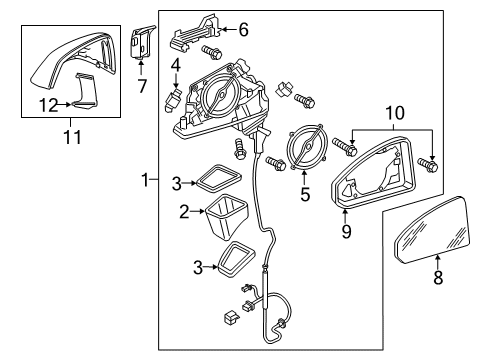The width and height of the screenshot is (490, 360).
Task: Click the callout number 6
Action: click(243, 30)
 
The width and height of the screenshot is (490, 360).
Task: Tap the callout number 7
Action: click(142, 86)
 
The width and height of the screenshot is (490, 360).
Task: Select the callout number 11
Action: click(72, 137)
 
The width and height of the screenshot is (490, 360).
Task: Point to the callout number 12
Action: click(49, 105)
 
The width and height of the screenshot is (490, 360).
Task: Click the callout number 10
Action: click(395, 113)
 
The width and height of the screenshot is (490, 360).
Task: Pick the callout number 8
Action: click(438, 277)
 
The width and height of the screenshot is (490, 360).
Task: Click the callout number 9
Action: click(346, 231)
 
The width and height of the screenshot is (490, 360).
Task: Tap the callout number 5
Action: click(305, 194)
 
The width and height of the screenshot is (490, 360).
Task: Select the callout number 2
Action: click(184, 212)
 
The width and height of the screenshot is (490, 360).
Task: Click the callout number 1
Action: click(145, 180)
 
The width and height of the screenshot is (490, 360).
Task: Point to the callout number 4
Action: click(176, 65)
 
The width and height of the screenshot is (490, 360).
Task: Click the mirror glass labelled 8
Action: click(433, 230)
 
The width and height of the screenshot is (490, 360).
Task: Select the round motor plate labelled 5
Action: click(307, 146)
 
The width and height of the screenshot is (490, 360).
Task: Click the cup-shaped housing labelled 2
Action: click(227, 217)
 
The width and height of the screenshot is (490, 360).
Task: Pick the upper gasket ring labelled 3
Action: click(219, 179)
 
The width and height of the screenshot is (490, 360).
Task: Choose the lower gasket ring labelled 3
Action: click(235, 259)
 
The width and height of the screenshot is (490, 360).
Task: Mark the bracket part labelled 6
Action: click(197, 33)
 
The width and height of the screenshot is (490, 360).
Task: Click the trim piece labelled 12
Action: click(85, 90)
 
